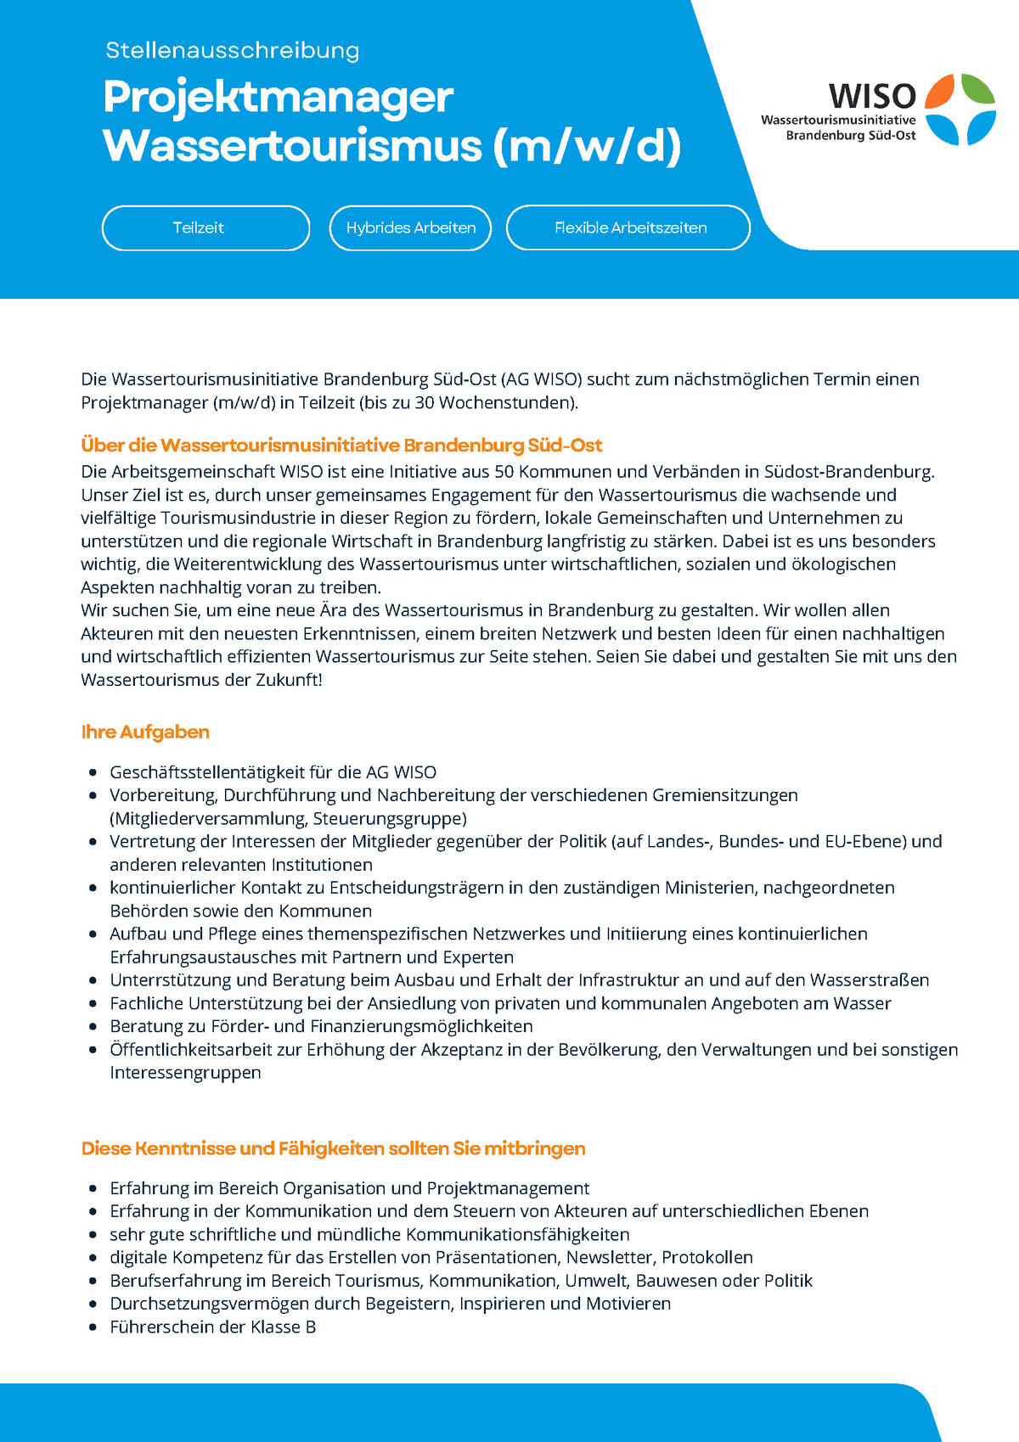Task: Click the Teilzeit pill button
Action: (x=205, y=227)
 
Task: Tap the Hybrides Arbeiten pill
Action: (x=411, y=227)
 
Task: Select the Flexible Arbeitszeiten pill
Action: (x=629, y=227)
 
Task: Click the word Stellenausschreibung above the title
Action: (x=233, y=51)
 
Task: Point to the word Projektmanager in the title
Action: (x=279, y=97)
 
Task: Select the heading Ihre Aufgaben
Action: (x=145, y=732)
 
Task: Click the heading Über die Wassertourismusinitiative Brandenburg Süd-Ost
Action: (x=341, y=445)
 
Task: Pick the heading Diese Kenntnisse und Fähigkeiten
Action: (x=333, y=1148)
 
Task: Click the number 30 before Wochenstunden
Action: (x=425, y=402)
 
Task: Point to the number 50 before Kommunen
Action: (x=504, y=472)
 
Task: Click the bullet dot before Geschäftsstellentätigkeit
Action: (x=93, y=773)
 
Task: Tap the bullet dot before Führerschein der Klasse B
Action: (x=93, y=1327)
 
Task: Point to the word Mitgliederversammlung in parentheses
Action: (x=209, y=819)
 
